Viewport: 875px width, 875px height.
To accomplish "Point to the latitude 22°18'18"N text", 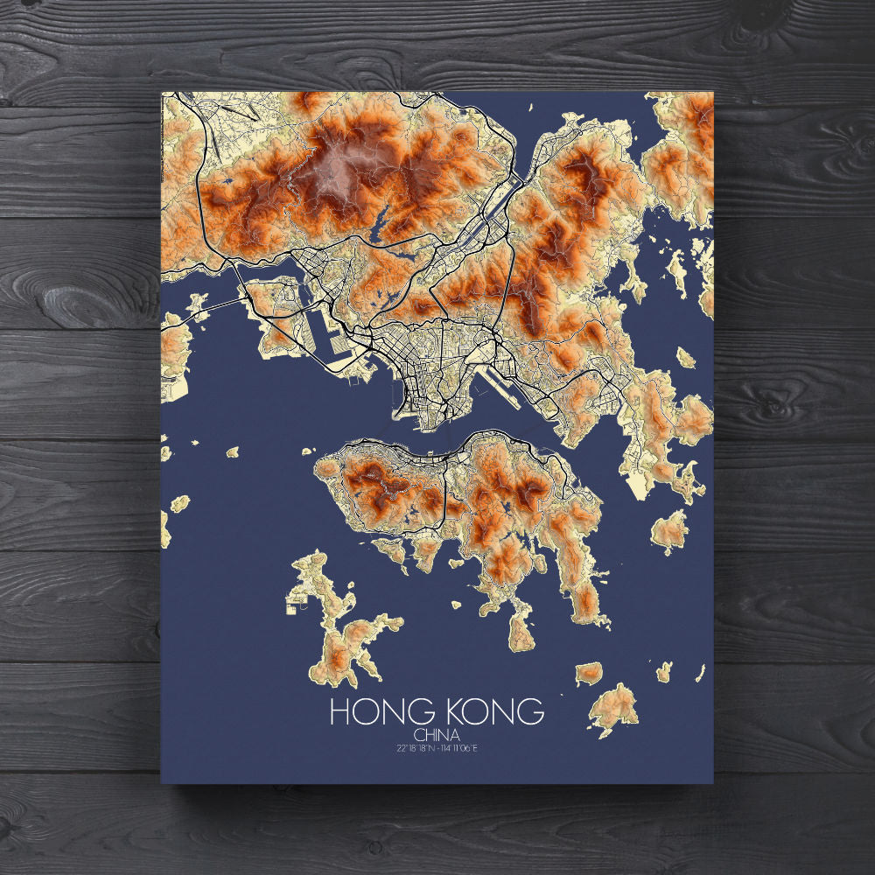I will point(416,747).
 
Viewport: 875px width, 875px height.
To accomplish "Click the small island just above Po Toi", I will point(589,673).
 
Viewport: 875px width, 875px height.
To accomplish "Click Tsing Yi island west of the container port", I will point(271,302).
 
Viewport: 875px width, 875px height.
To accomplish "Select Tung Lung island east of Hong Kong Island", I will point(670,530).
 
